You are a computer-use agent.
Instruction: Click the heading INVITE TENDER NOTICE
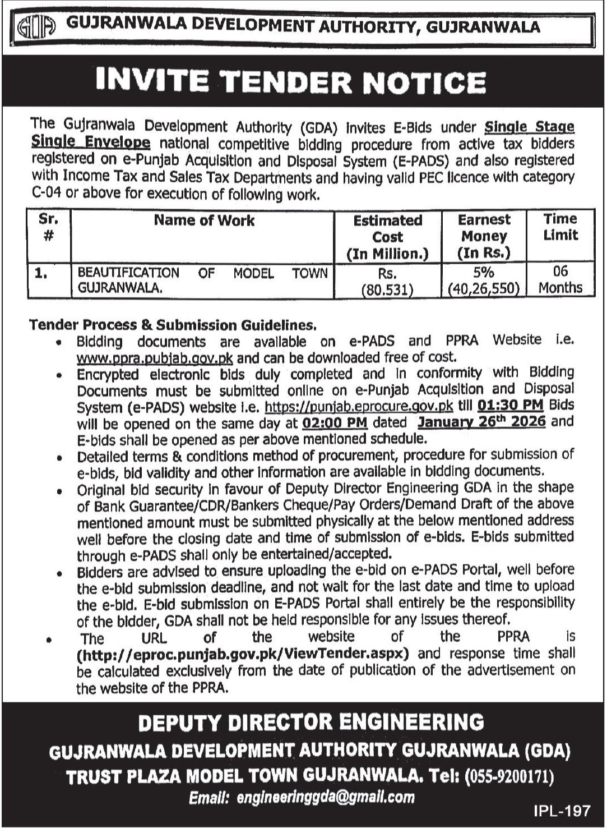point(290,82)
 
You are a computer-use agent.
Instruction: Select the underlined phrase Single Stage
point(530,127)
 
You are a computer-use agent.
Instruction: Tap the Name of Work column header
point(204,220)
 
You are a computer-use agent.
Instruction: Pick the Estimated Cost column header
point(388,237)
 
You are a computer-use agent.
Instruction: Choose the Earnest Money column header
point(484,236)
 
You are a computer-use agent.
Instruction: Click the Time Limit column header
point(560,227)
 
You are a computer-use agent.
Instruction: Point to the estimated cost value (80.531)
point(388,289)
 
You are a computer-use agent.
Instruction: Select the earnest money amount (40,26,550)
point(484,289)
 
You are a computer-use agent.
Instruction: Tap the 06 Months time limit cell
point(560,280)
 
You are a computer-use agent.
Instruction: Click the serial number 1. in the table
point(40,274)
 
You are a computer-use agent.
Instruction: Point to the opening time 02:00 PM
point(334,422)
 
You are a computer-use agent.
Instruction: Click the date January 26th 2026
point(481,421)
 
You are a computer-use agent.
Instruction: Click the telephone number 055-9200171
point(512,777)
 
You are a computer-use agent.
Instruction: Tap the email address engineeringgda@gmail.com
point(326,797)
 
